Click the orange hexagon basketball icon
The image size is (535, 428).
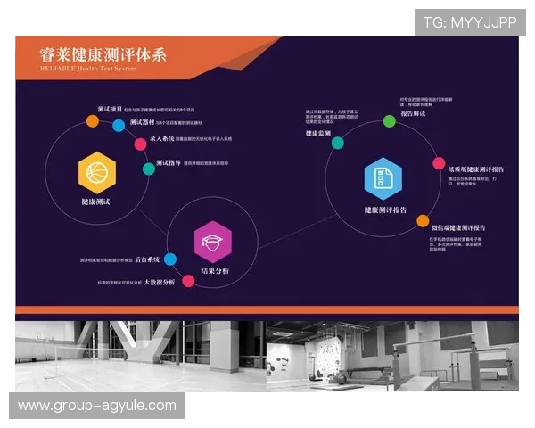(97, 172)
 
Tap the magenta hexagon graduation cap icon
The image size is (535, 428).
(213, 241)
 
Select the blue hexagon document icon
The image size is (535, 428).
(383, 178)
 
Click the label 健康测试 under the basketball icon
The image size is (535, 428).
(95, 203)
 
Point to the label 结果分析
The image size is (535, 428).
(214, 270)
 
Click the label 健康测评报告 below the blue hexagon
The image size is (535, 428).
(385, 210)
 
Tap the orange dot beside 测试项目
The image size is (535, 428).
(93, 120)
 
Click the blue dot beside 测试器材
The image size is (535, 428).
(119, 126)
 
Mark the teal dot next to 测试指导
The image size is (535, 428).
(148, 168)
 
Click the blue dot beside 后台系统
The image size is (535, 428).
(170, 259)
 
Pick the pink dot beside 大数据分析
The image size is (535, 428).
(188, 281)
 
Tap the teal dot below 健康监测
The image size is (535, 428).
(338, 143)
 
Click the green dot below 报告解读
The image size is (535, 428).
(390, 120)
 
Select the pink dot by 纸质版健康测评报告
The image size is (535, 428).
(439, 163)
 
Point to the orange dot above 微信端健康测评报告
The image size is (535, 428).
(423, 220)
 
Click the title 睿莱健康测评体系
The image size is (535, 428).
(103, 53)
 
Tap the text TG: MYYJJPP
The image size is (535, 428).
(470, 21)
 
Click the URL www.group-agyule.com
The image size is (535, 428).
(96, 406)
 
